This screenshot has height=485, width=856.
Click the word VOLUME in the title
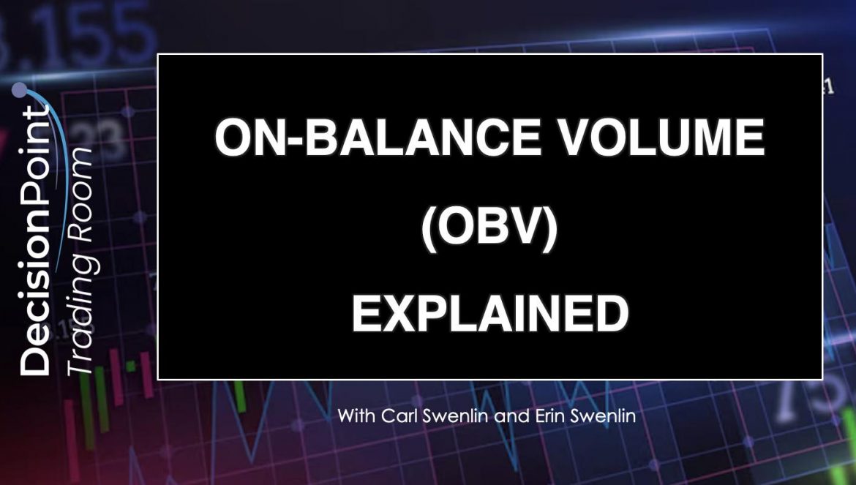tap(663, 138)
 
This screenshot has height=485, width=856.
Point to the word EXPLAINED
tap(489, 314)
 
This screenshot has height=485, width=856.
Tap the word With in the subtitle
tap(357, 416)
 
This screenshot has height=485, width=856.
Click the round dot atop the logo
tap(19, 90)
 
